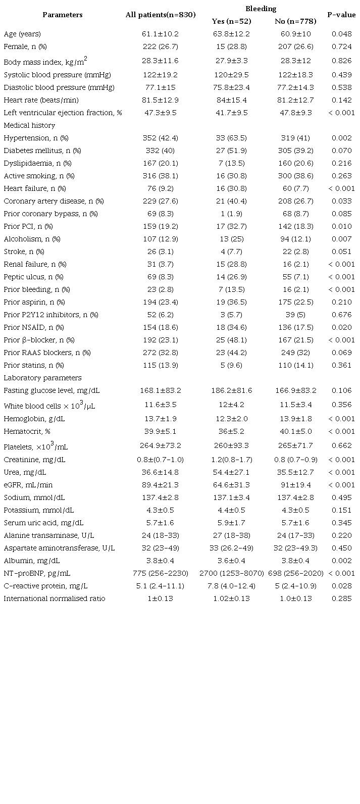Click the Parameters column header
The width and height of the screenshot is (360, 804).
62,15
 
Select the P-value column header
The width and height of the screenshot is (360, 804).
341,15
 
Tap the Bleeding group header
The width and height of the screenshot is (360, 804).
261,9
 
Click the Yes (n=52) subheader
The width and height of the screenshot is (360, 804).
231,21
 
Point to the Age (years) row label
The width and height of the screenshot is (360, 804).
22,34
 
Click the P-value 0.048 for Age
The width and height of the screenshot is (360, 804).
341,34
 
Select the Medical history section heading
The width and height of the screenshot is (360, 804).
29,125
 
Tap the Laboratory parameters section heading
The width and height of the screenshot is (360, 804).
42,378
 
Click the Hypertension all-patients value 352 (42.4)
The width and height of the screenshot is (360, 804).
160,138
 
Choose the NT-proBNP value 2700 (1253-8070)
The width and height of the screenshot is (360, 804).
231,573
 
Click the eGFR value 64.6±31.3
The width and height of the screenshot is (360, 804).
231,485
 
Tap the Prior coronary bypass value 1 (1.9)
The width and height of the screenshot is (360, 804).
231,214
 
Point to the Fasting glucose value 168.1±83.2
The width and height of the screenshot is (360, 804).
160,390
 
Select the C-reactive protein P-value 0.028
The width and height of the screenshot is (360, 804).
341,586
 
